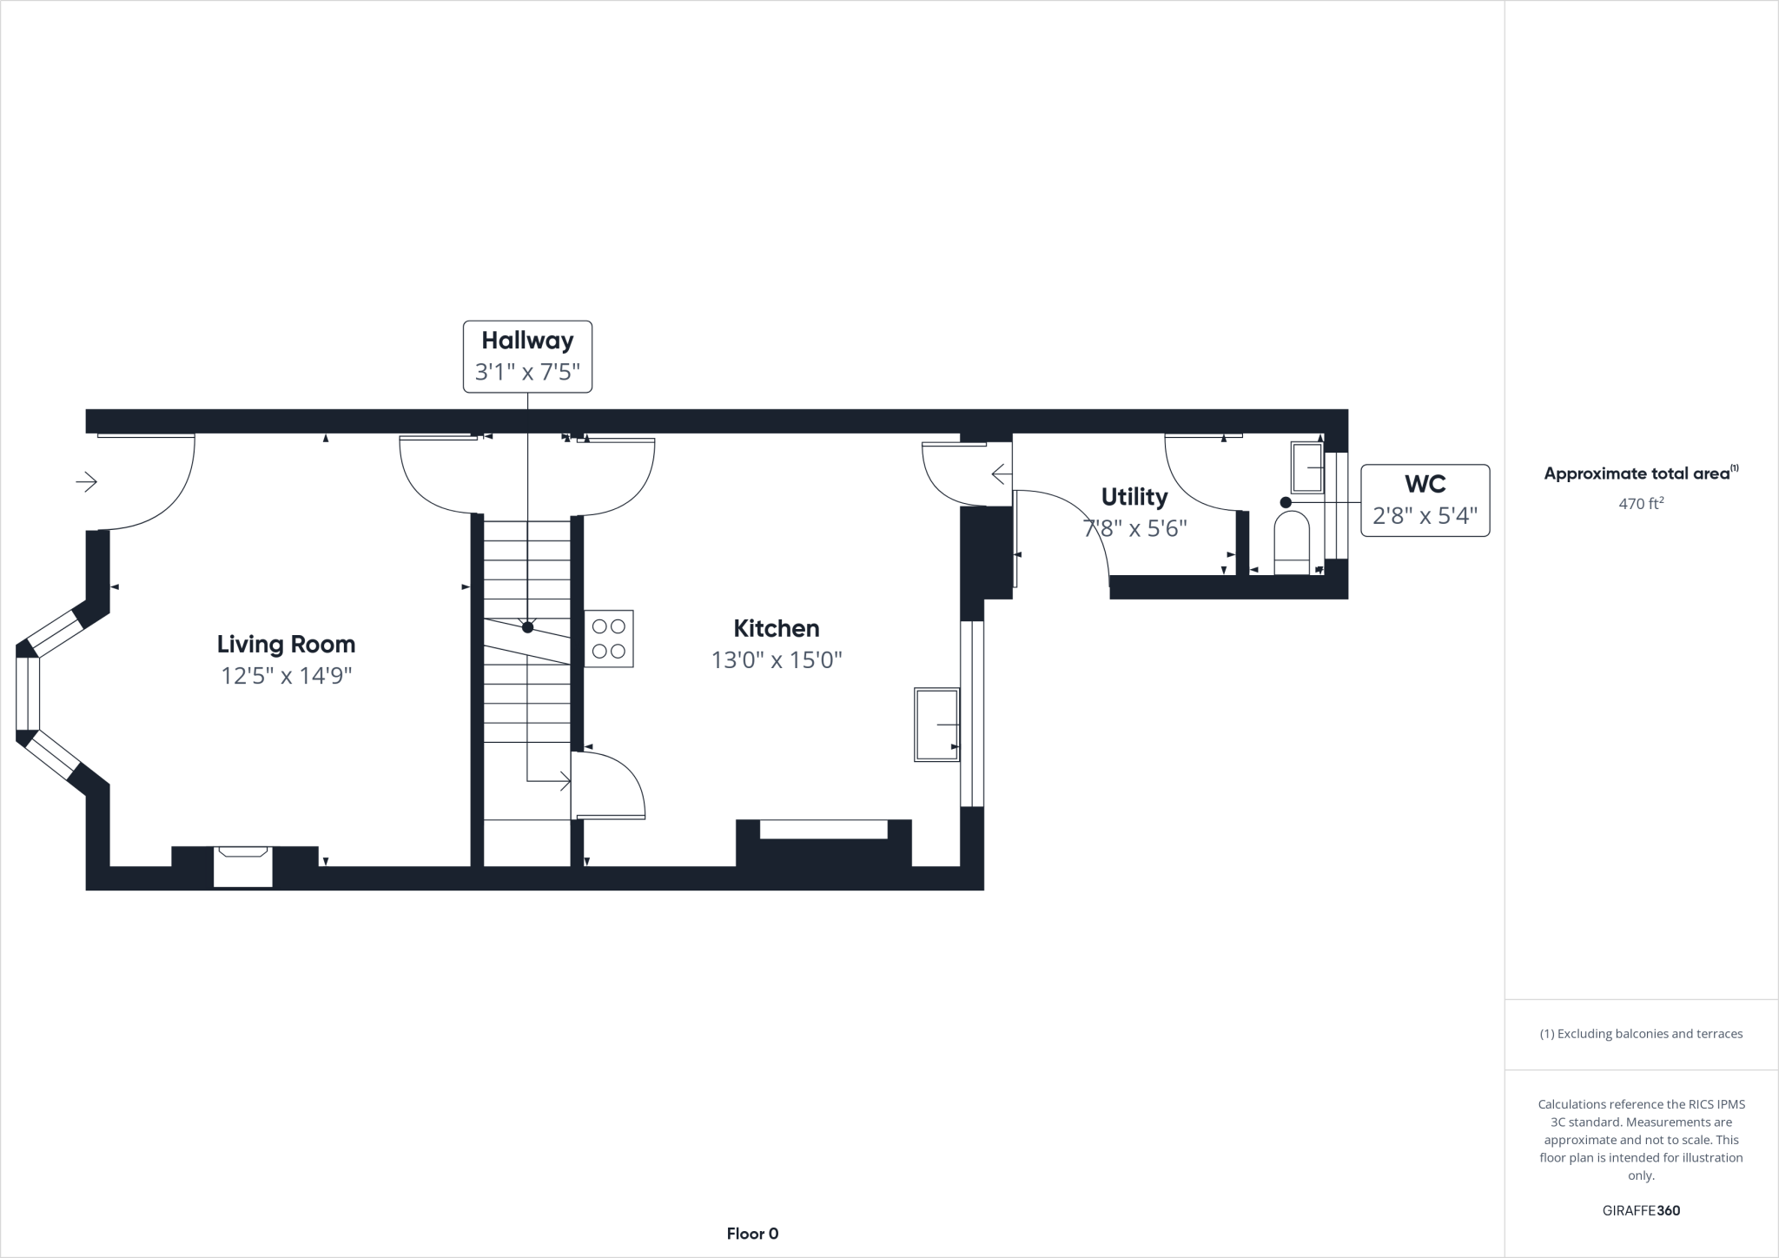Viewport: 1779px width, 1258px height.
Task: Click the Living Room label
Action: coord(286,644)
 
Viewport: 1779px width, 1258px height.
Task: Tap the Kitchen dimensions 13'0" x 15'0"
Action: coord(777,660)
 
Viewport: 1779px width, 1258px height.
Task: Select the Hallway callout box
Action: coord(527,356)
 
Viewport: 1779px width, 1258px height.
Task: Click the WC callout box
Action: coord(1425,500)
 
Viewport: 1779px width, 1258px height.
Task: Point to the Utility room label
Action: coord(1134,497)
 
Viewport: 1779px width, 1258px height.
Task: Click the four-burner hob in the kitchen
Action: coord(608,639)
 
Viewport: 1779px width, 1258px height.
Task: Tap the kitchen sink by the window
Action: coord(936,725)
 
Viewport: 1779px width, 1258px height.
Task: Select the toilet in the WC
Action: coord(1291,543)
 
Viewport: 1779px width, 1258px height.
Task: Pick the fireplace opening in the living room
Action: coord(243,867)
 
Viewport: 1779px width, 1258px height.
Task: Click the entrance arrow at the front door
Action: coord(87,481)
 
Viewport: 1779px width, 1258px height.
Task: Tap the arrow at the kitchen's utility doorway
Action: coord(1000,474)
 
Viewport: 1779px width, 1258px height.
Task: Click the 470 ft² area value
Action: coord(1640,503)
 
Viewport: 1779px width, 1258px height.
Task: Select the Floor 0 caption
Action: coord(752,1234)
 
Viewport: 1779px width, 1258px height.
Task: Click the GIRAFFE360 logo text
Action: coord(1641,1210)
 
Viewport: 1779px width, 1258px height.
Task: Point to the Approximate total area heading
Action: coord(1637,473)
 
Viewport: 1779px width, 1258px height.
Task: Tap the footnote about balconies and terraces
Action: coord(1641,1034)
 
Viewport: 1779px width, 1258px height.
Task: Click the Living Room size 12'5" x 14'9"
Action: coord(286,676)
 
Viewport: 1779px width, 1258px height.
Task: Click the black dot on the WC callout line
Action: coord(1286,502)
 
